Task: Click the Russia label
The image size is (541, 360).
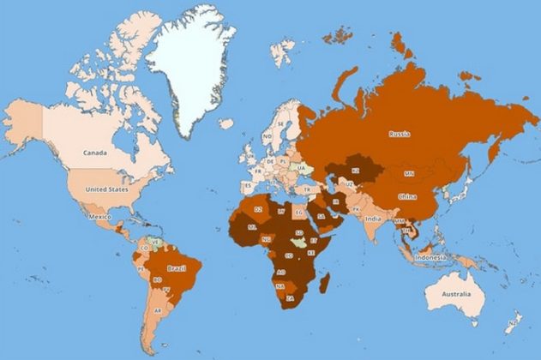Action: pos(400,134)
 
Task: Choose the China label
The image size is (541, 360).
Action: pos(407,197)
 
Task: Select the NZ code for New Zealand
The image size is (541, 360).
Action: pos(513,324)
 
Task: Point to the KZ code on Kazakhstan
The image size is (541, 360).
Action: pos(354,171)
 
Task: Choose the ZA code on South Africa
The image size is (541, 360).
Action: pos(291,298)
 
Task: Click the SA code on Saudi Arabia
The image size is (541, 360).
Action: pos(321,216)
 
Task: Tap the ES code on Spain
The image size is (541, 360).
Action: pos(249,184)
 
